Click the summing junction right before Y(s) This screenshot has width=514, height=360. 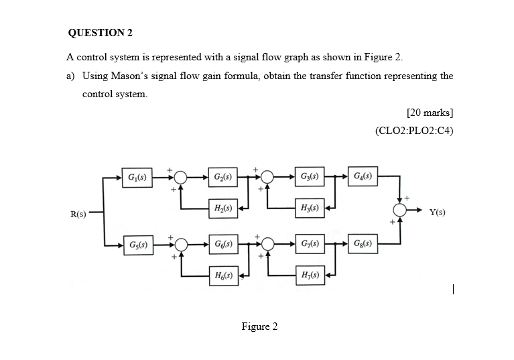(401, 211)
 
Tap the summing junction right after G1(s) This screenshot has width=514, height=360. (180, 178)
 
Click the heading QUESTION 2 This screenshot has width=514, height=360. (97, 32)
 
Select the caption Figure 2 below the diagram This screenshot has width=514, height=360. (259, 326)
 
